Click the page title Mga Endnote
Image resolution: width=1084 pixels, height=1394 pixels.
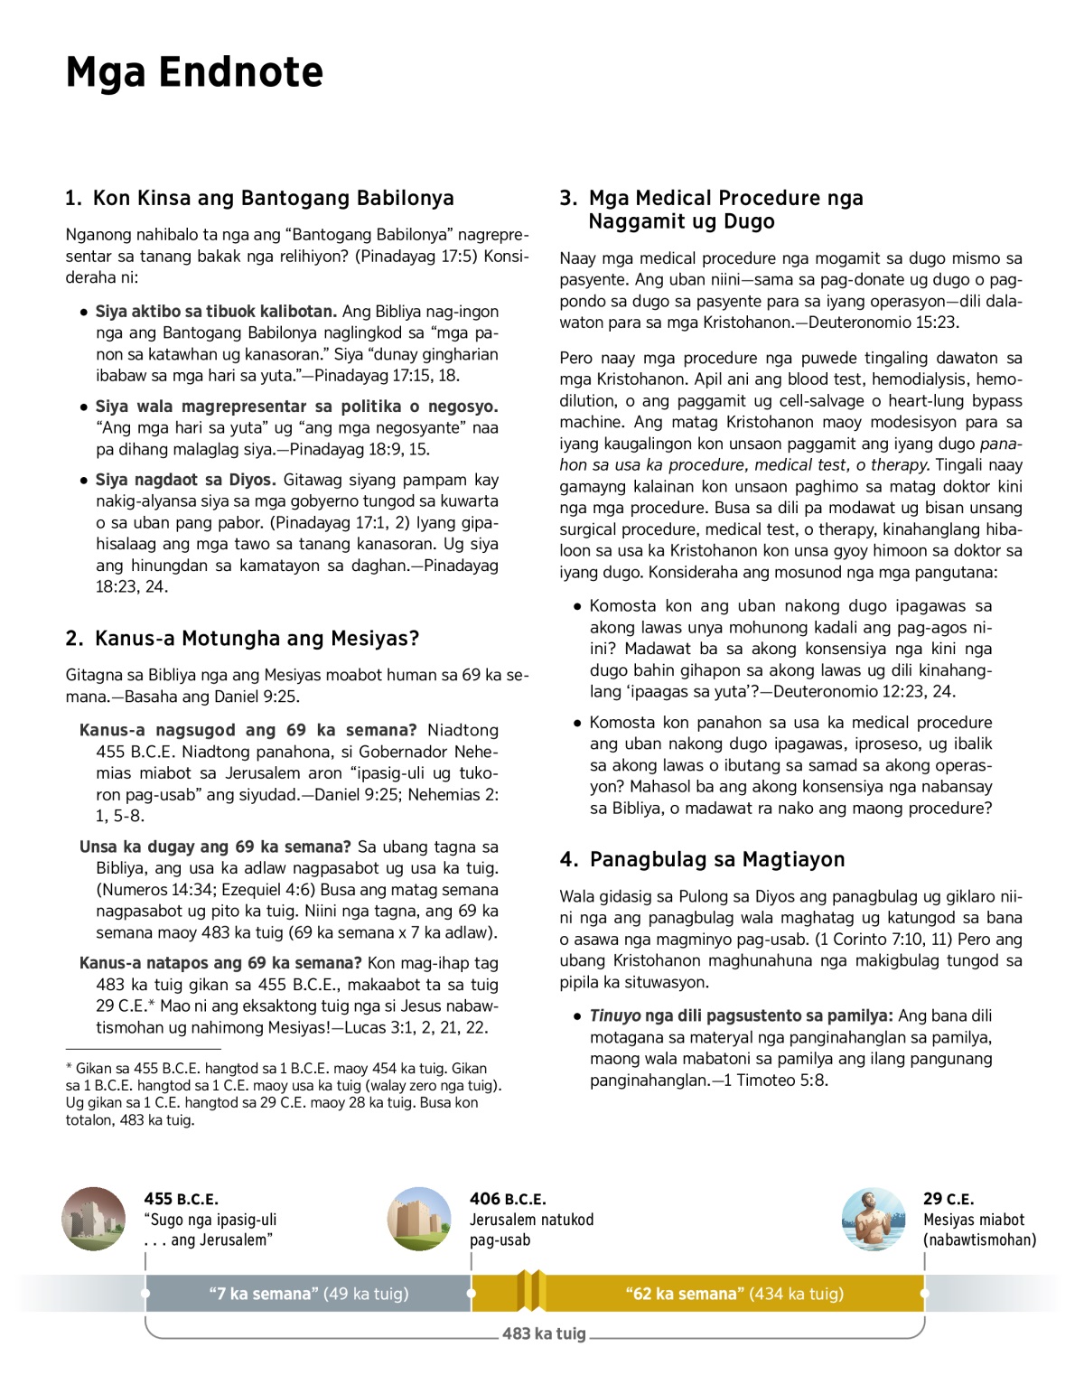(194, 72)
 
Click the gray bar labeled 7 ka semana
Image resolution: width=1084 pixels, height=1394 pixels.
(308, 1294)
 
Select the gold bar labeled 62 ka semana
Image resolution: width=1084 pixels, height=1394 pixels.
(734, 1294)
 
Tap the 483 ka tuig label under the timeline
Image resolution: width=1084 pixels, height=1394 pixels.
(544, 1333)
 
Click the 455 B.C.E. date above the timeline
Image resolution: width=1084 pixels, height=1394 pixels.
(181, 1199)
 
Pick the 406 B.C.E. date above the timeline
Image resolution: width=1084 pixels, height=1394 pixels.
(508, 1199)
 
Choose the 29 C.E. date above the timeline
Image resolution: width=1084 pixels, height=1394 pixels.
(948, 1199)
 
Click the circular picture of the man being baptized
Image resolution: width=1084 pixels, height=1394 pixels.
(873, 1219)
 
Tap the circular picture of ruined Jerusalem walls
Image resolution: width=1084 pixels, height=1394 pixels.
(94, 1219)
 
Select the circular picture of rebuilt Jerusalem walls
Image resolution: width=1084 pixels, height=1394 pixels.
(419, 1219)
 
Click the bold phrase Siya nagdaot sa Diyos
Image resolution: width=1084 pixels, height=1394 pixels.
(185, 480)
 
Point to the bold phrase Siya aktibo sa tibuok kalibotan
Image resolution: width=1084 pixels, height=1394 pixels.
(216, 312)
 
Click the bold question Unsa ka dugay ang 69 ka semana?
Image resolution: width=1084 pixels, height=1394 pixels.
(215, 847)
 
